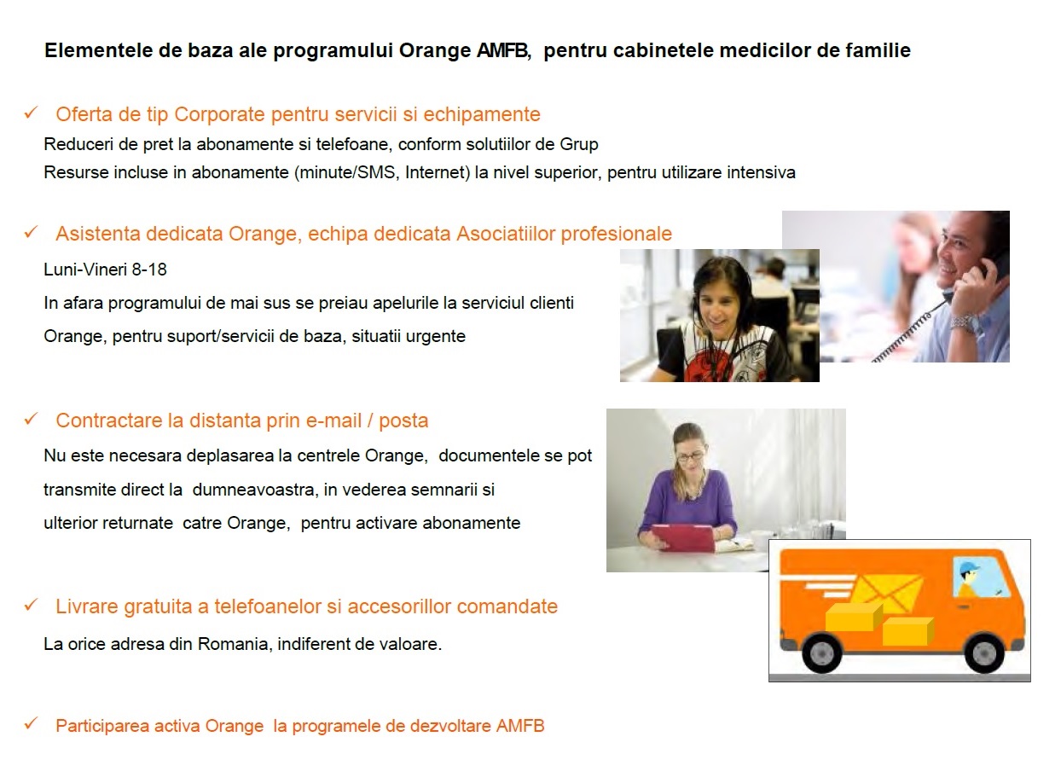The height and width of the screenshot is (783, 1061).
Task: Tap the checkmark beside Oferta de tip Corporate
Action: (31, 113)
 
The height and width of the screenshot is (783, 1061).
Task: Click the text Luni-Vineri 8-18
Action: (105, 270)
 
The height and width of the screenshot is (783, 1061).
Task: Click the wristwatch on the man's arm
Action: (965, 323)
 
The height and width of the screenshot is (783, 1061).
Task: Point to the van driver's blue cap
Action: (969, 567)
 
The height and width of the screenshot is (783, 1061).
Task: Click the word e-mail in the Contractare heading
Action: (332, 420)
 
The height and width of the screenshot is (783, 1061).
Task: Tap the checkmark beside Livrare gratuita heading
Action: (31, 605)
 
